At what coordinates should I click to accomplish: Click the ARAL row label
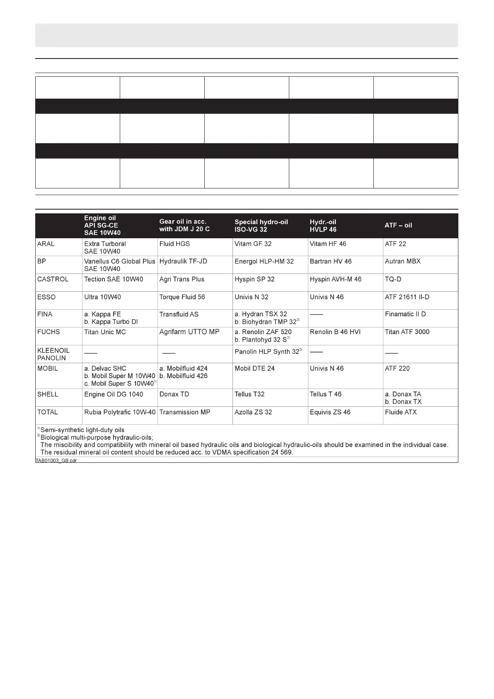[x=46, y=244]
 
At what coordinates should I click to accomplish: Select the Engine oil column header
[x=102, y=225]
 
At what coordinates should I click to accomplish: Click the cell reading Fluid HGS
[x=174, y=244]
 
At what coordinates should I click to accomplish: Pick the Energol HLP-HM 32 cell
[x=264, y=262]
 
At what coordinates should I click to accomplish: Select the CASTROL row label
[x=53, y=279]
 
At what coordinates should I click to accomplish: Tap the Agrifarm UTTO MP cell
[x=189, y=332]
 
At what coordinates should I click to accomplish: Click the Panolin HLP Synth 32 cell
[x=267, y=352]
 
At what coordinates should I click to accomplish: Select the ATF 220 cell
[x=397, y=369]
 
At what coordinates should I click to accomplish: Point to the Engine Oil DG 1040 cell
[x=114, y=394]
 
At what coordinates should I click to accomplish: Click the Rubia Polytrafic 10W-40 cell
[x=120, y=412]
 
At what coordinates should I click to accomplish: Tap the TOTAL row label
[x=48, y=412]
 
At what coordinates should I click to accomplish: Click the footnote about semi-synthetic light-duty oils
[x=82, y=430]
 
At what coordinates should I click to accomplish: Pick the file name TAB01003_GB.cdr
[x=56, y=460]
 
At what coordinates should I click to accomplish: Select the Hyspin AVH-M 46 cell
[x=335, y=279]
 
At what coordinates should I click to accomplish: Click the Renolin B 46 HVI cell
[x=335, y=332]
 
